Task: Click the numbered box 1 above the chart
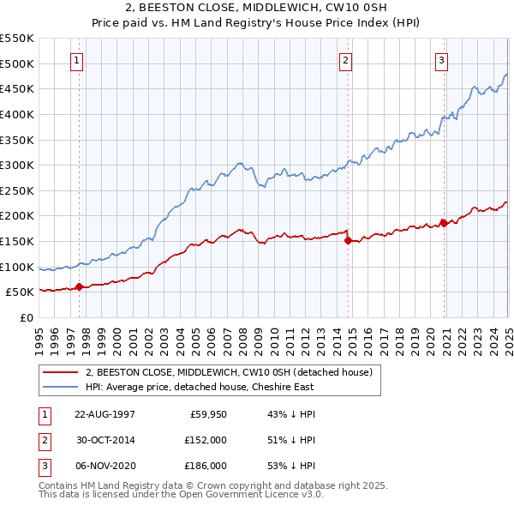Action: (77, 61)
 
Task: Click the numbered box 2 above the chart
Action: (344, 61)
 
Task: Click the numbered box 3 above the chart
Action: (440, 61)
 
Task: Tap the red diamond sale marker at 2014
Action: (349, 241)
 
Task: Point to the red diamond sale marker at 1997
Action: (80, 287)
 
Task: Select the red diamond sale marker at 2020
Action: (444, 223)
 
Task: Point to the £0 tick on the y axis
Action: (25, 317)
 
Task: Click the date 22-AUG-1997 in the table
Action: (105, 413)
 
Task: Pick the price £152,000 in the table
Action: (206, 440)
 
